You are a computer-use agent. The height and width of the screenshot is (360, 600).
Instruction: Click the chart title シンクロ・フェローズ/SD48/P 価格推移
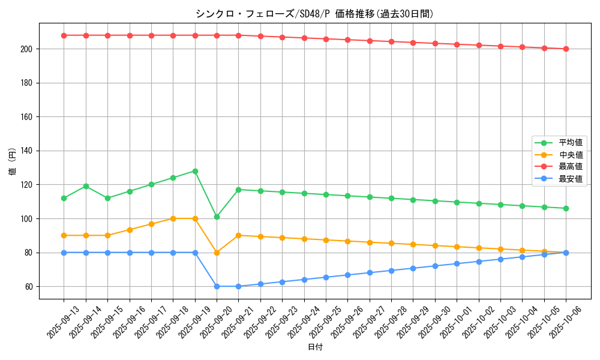tap(314, 14)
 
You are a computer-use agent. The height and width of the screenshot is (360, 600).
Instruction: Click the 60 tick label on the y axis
tap(29, 287)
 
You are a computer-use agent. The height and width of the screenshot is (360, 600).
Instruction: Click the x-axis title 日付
tap(315, 347)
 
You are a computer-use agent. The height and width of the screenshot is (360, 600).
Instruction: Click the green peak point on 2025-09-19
tap(195, 171)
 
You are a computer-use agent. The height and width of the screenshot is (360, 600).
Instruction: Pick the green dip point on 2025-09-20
tap(217, 217)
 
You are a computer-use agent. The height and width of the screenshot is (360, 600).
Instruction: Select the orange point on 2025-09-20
tap(217, 253)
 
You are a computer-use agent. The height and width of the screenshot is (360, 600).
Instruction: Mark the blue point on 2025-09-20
tap(217, 286)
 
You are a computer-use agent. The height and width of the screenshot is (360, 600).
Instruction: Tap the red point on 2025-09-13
tap(64, 35)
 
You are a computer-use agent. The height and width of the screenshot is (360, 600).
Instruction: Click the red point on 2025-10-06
tap(566, 49)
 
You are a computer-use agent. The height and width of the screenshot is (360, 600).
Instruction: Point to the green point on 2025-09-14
tap(86, 186)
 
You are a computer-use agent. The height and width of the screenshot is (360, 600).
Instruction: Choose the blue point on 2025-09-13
tap(64, 253)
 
